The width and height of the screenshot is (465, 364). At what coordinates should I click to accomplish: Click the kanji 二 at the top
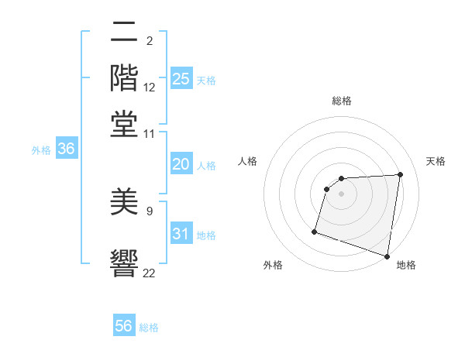[124, 34]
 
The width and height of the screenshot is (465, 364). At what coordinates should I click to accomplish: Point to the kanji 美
[124, 202]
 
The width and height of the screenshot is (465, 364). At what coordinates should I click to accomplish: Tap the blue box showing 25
[181, 79]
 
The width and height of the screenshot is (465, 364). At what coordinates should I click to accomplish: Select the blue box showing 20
[181, 164]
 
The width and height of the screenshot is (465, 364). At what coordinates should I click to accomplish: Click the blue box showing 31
[181, 235]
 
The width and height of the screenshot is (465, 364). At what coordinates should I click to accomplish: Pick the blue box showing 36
[66, 149]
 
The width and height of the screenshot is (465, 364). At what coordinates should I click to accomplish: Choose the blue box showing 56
[124, 326]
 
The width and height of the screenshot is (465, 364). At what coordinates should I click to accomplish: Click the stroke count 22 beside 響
[150, 272]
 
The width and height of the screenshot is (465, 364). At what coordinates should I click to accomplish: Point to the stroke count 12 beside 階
[150, 88]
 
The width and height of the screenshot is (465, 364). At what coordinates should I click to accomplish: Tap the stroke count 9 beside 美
[150, 210]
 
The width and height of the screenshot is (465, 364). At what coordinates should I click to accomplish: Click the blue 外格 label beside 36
[41, 150]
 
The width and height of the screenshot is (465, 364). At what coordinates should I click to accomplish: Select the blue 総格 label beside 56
[150, 328]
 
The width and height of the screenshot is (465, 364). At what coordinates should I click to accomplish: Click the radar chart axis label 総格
[342, 101]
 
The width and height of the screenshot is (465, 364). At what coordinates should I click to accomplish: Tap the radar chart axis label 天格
[436, 161]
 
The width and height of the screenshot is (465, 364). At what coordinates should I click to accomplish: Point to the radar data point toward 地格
[387, 256]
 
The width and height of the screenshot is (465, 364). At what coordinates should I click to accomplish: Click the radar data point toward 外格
[315, 232]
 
